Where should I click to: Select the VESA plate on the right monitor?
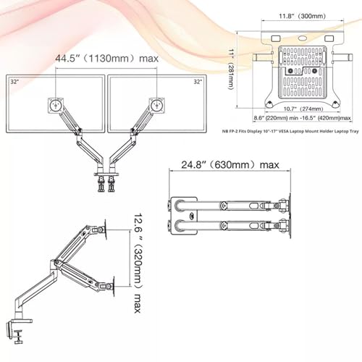155,103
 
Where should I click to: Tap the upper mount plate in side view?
106,230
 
